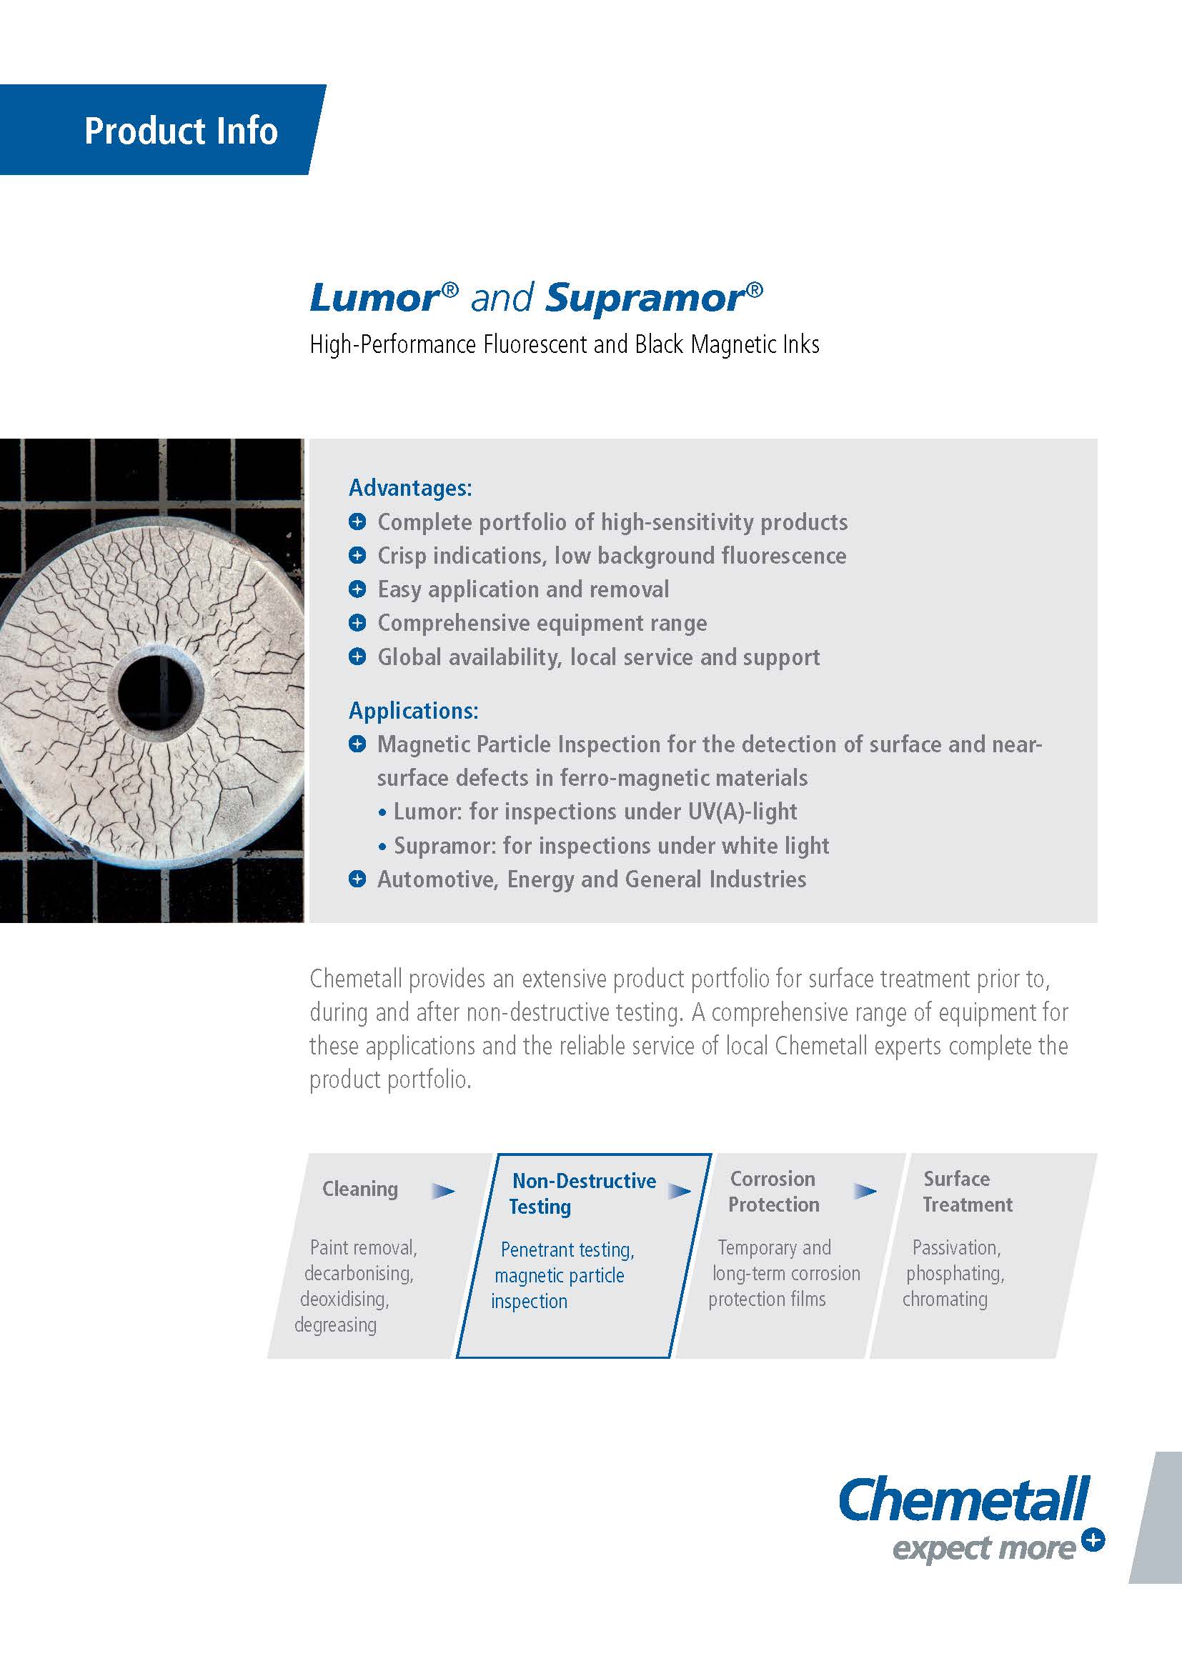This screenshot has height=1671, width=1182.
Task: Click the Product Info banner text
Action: click(182, 131)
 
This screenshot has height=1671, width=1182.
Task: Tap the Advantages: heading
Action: click(410, 488)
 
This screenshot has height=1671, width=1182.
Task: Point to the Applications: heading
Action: click(413, 710)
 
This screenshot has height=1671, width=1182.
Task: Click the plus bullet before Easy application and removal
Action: click(357, 589)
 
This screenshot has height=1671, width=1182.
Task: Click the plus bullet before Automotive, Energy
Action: click(357, 879)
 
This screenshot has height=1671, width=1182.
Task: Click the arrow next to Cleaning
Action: click(442, 1192)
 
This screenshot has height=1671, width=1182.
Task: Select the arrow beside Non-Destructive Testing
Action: click(679, 1192)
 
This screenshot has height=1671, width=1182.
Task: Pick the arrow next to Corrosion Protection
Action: click(865, 1192)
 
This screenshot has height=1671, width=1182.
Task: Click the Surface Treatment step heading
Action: click(968, 1192)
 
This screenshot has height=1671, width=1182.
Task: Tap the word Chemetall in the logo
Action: click(964, 1500)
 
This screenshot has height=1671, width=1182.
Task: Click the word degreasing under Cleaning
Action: click(336, 1325)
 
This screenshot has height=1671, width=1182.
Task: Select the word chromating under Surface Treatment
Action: click(945, 1299)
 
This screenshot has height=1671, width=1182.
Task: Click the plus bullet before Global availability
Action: click(357, 657)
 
